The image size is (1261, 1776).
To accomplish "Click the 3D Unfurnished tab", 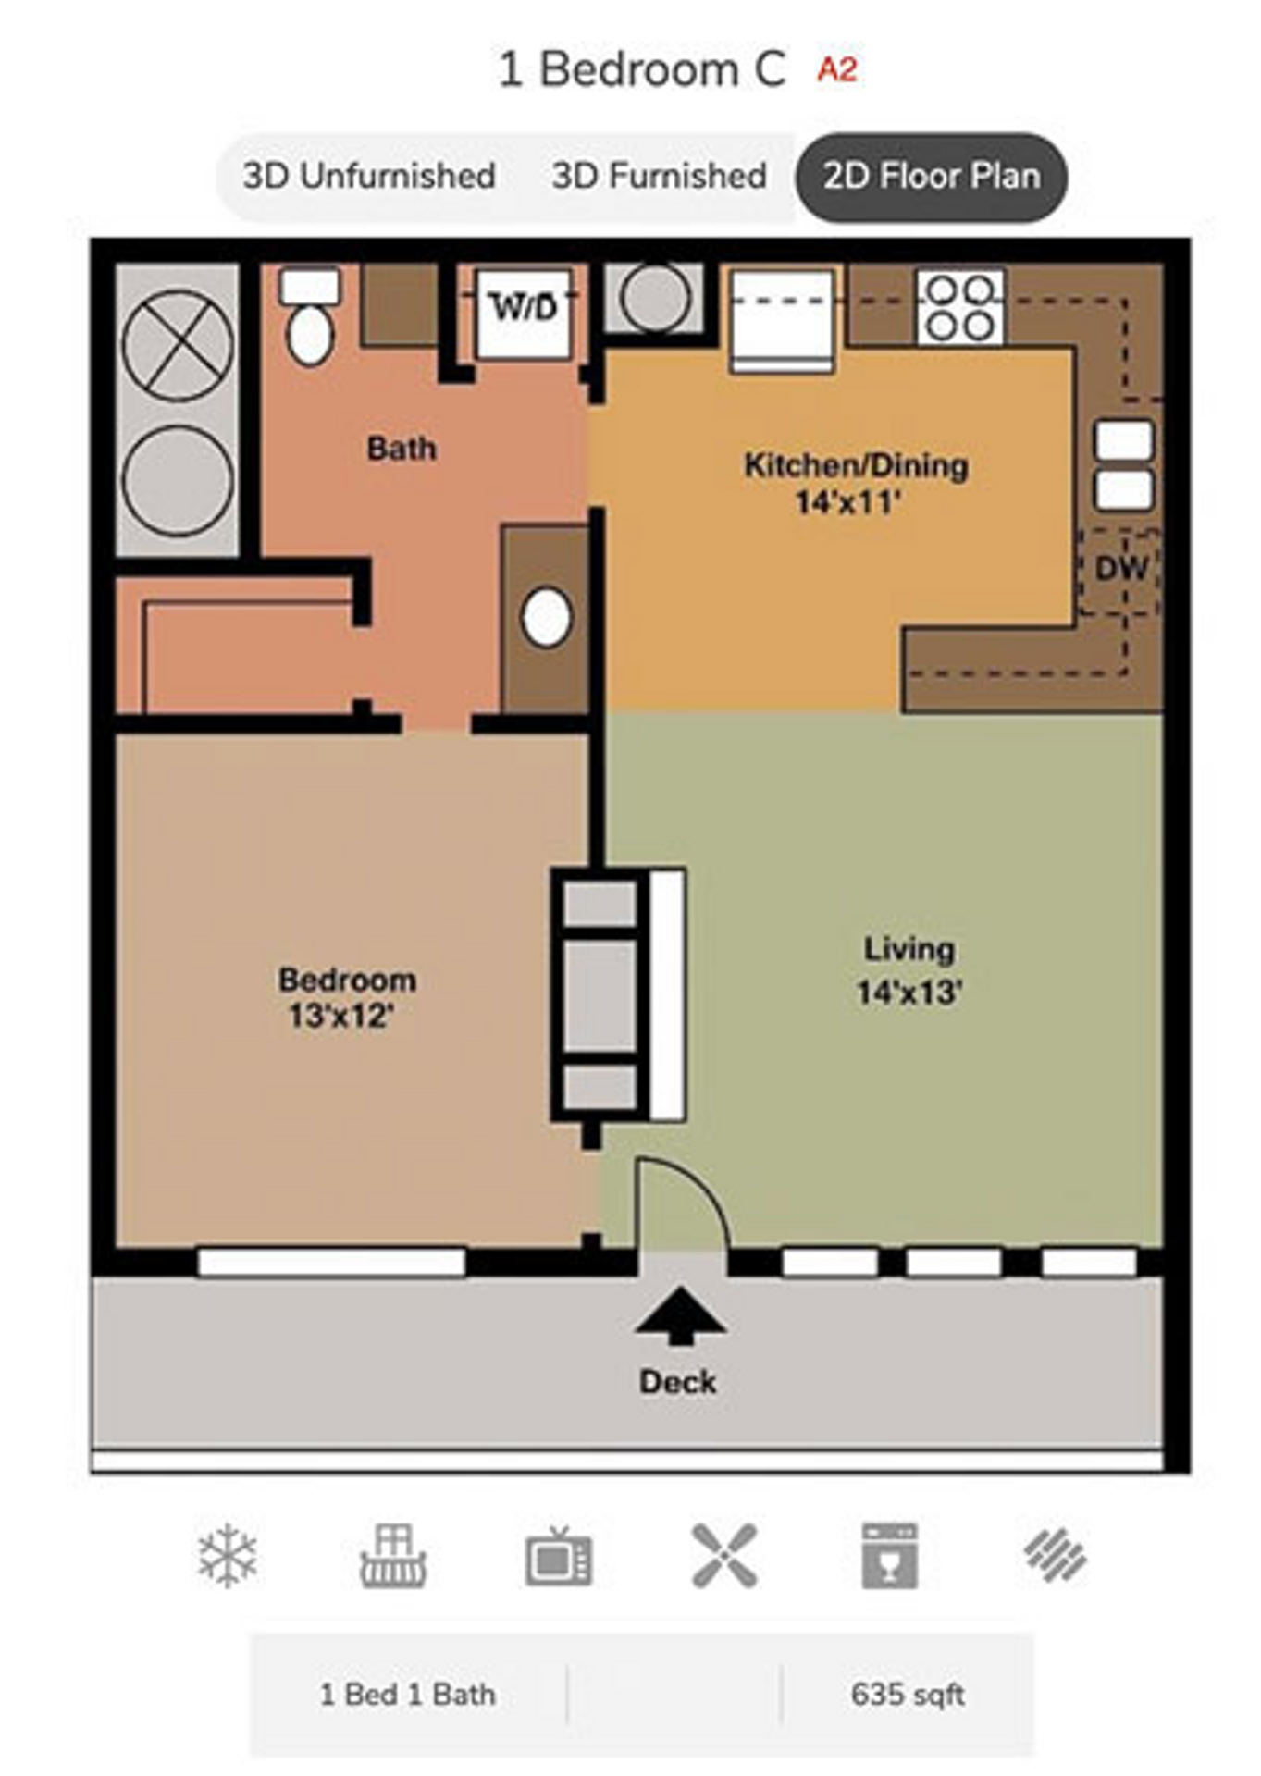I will coord(368,176).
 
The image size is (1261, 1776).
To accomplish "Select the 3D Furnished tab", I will coord(659,176).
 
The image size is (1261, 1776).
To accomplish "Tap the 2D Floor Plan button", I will coord(931,176).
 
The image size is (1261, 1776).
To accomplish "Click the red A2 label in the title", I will coord(836,69).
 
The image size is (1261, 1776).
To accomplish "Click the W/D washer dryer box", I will coord(524,308).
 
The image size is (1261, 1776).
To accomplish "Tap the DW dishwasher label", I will coord(1120,569).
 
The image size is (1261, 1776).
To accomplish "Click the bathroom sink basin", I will coord(546,617).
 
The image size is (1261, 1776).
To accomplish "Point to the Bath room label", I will coord(401,449).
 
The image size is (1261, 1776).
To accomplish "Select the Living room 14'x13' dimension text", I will coord(909,993).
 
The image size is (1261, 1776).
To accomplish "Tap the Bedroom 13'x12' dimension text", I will coord(341,1017).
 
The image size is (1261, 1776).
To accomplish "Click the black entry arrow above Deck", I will coord(680,1314).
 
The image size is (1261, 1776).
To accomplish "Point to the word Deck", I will coord(677,1382).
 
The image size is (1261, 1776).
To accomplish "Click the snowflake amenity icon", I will coord(228,1556).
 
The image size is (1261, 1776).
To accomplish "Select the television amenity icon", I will coord(559,1556).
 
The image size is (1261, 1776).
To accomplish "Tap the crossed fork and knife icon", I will coord(724,1556).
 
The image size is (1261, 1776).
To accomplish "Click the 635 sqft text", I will coord(907,1695).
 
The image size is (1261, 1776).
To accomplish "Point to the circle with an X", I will coord(178,345).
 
